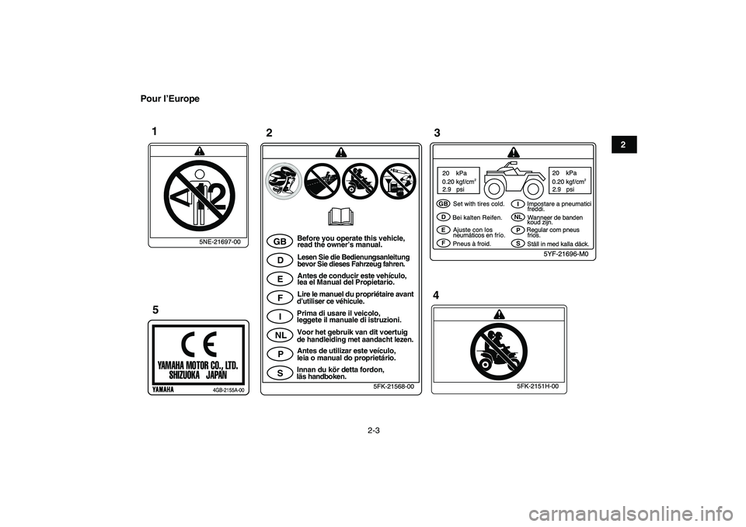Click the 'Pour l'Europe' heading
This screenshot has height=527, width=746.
pos(170,99)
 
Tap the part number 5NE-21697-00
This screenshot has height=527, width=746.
pos(220,242)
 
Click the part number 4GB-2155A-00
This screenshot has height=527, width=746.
pos(228,390)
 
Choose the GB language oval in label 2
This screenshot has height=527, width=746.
pos(281,241)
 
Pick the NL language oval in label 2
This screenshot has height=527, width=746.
pos(281,335)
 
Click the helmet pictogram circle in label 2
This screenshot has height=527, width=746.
pos(284,181)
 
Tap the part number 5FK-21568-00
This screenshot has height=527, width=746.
pos(393,387)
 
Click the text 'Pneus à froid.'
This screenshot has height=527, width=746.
pos(472,244)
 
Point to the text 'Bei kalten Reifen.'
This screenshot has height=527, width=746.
pos(477,217)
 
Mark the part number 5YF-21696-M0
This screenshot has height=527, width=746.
pos(566,255)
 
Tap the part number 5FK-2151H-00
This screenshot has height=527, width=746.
pos(538,387)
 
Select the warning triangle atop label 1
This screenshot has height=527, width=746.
pos(200,151)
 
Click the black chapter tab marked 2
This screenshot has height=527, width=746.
pos(622,144)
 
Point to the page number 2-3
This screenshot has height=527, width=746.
pos(374,431)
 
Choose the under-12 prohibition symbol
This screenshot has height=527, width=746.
pos(200,196)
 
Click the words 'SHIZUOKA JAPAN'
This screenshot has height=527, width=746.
pos(198,374)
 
